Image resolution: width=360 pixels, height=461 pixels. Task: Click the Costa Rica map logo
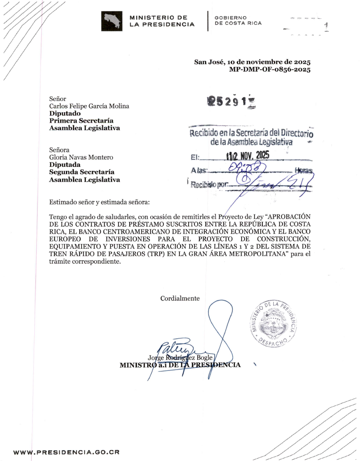(111, 21)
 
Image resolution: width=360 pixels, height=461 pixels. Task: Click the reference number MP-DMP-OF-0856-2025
(269, 70)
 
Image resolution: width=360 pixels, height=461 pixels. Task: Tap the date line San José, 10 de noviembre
(252, 62)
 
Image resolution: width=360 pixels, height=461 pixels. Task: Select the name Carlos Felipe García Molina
(89, 106)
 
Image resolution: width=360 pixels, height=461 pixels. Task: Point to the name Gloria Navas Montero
(81, 157)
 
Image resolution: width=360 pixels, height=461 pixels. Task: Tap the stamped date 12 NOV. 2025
(248, 156)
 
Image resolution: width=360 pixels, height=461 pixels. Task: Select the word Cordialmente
(180, 298)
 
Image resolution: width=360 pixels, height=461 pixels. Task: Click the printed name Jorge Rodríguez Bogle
(180, 358)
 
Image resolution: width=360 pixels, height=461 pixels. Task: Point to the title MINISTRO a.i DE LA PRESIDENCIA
(180, 365)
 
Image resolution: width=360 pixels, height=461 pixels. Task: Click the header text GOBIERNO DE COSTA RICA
(238, 20)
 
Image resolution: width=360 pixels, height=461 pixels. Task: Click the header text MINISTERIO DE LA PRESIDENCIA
(162, 21)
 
